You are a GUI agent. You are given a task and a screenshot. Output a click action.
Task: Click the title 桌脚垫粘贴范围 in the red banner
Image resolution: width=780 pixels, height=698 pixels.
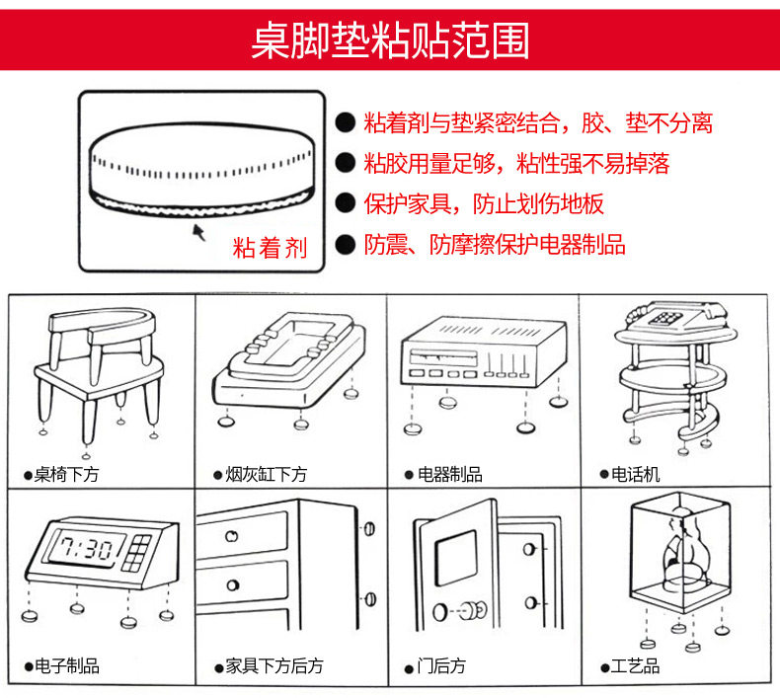[x=390, y=42]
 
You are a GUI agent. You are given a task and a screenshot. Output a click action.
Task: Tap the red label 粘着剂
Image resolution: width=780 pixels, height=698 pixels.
[x=270, y=248]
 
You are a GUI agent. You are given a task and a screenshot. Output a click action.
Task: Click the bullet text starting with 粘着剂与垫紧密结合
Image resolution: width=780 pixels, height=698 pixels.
[x=537, y=123]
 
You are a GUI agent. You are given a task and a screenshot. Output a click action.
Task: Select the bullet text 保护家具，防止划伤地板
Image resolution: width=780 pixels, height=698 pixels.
[x=483, y=204]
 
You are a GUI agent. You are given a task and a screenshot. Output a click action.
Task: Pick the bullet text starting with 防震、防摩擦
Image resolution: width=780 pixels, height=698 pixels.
[x=494, y=245]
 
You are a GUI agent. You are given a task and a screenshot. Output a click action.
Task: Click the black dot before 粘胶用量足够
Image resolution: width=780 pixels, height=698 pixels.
[x=345, y=163]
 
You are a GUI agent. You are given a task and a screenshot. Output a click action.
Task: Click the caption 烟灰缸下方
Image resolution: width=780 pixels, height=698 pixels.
[x=265, y=475]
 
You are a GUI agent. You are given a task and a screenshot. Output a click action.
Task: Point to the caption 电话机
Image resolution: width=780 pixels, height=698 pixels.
[x=635, y=475]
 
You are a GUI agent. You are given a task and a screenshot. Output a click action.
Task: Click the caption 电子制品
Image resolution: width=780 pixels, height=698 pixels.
[x=66, y=666]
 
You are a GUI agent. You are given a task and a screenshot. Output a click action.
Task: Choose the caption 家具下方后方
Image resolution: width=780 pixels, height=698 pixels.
[x=273, y=666]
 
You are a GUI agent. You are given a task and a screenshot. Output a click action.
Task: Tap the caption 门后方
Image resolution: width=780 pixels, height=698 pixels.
[x=440, y=666]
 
